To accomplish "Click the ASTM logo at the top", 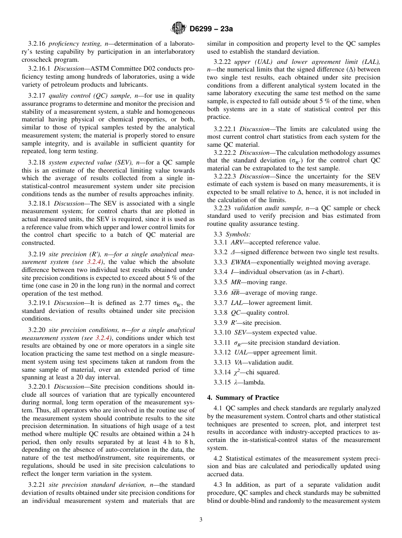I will pos(178,29).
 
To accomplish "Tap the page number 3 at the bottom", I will pos(201,520).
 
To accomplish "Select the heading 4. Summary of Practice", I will pos(243,398).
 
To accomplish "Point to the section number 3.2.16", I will pos(37,44).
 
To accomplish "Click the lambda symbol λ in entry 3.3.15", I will pos(236,382).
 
